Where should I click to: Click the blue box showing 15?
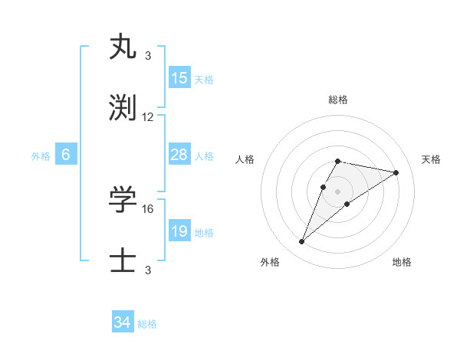(x=179, y=78)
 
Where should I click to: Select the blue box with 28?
(x=179, y=155)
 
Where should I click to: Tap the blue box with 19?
(x=179, y=231)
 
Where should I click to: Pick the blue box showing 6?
(x=66, y=155)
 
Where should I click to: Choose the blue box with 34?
(x=123, y=322)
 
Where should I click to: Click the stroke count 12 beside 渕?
(x=148, y=117)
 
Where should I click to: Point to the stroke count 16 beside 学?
(x=148, y=208)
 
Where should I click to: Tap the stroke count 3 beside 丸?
(x=148, y=55)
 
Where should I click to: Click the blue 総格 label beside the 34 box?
(x=147, y=324)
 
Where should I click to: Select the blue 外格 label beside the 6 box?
(x=41, y=156)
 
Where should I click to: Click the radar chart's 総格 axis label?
(x=337, y=100)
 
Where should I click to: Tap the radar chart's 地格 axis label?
(x=402, y=262)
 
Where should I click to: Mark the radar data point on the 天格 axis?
(x=396, y=172)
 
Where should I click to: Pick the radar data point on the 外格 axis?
(x=301, y=242)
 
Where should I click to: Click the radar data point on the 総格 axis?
(x=337, y=161)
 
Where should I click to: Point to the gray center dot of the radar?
(x=337, y=191)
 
